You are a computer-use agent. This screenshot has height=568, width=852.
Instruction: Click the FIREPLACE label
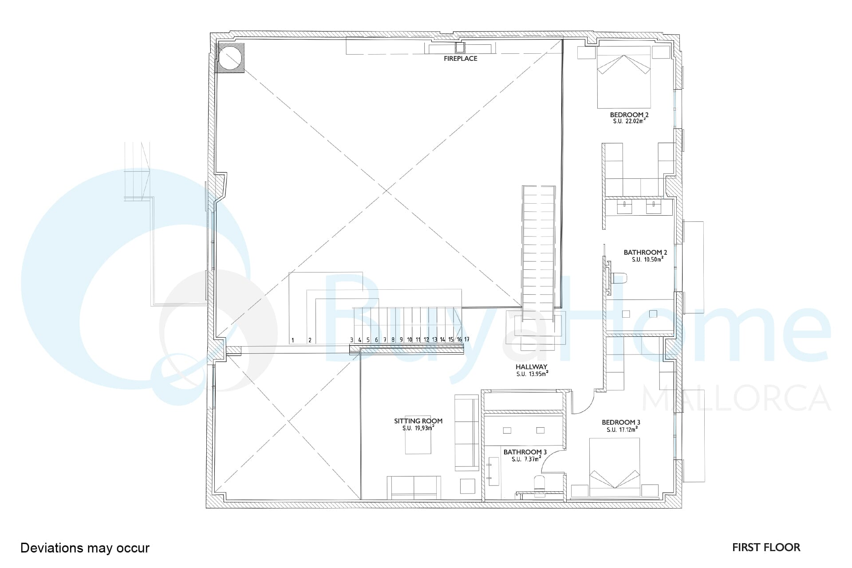[x=461, y=59]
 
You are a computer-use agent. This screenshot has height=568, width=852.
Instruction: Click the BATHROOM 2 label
[x=645, y=252]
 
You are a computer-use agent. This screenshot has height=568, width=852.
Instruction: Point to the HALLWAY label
[x=531, y=367]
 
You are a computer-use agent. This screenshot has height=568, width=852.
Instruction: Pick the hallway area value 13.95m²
[x=538, y=374]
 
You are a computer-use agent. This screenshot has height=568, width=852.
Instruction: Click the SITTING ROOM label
[x=418, y=421]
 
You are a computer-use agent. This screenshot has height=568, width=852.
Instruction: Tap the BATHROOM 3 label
[x=525, y=452]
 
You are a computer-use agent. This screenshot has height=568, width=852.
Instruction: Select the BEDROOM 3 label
[x=621, y=422]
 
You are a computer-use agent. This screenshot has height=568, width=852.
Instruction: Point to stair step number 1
[x=292, y=340]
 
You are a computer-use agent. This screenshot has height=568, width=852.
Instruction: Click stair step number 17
[x=467, y=339]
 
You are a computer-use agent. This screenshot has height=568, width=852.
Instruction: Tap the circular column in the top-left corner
[x=231, y=58]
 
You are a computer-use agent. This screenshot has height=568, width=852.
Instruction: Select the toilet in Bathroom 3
[x=540, y=483]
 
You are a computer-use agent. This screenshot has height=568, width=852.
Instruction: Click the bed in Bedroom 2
[x=623, y=77]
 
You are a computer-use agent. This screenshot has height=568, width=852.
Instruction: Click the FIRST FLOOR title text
[x=766, y=548]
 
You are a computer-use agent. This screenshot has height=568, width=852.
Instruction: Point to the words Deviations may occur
[x=85, y=548]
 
